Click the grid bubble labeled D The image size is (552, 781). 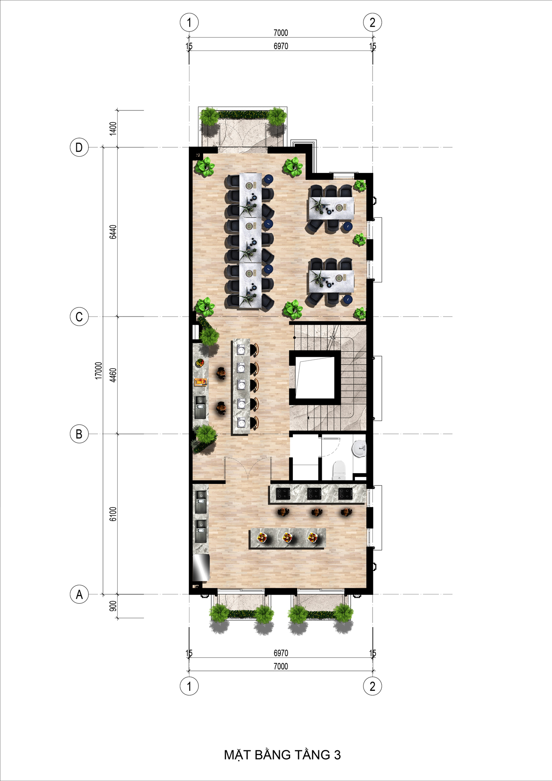(79, 147)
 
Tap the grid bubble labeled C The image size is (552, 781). (79, 317)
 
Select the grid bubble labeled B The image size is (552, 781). (79, 434)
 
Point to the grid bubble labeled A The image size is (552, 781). (79, 595)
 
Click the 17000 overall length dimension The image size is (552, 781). (99, 371)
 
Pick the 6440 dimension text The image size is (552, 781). (113, 232)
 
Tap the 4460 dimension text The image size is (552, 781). (113, 375)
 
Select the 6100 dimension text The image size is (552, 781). (113, 514)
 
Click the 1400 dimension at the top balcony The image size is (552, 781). (113, 129)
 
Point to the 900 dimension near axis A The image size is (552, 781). (113, 606)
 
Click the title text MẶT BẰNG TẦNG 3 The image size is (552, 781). (282, 755)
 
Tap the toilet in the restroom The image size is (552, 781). (339, 470)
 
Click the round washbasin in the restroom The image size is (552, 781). (359, 449)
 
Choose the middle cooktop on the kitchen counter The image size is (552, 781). (314, 493)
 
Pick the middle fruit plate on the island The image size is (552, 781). (287, 538)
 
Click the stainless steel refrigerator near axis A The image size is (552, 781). (201, 568)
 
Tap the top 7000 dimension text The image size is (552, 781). (281, 33)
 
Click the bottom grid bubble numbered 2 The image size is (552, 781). (373, 686)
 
